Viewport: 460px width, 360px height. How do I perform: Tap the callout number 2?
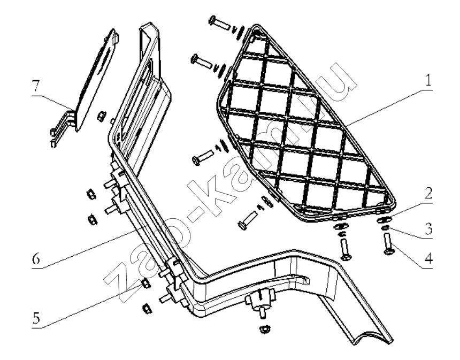click(428, 193)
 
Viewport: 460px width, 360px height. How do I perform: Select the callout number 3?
click(428, 228)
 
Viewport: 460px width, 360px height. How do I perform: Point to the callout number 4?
click(428, 258)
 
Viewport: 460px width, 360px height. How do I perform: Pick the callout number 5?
click(36, 318)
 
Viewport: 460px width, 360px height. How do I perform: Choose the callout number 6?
click(36, 258)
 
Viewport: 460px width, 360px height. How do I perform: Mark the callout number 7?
click(35, 87)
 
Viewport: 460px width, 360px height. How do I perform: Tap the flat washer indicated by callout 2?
click(384, 219)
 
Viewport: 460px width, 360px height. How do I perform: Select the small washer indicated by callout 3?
click(385, 228)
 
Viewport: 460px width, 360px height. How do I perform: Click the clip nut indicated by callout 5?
click(146, 284)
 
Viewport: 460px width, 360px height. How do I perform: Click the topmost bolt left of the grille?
click(219, 23)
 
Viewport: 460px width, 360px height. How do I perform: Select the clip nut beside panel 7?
click(101, 116)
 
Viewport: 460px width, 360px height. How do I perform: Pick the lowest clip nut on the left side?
click(147, 308)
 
